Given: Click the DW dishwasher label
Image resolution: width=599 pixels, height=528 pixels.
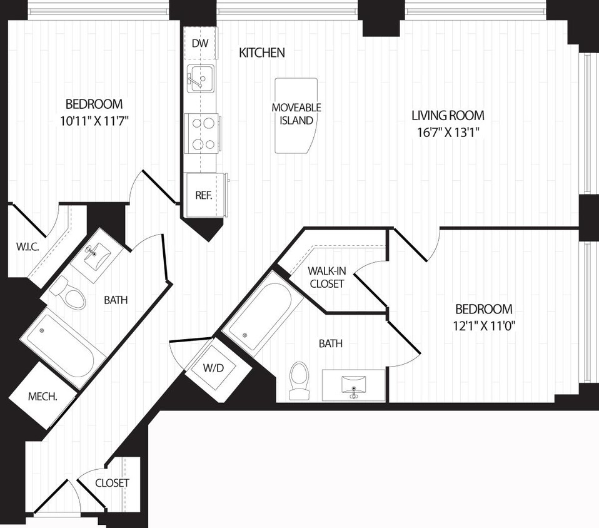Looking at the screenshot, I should click(199, 43).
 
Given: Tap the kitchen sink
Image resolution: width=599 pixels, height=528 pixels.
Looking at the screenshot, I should click(200, 78).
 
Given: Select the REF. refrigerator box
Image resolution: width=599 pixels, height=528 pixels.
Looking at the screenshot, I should click(204, 195).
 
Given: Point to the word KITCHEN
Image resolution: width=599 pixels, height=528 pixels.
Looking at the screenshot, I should click(262, 53).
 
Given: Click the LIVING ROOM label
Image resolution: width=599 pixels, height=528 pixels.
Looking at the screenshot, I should click(448, 116).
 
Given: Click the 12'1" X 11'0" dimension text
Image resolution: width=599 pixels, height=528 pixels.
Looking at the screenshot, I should click(484, 325).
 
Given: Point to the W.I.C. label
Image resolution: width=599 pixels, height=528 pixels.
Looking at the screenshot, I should click(28, 247).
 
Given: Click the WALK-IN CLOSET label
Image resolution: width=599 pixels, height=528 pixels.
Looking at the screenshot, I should click(326, 277).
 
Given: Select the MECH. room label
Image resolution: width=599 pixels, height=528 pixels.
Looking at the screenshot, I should click(43, 397).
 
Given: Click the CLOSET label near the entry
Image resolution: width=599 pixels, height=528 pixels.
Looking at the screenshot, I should click(112, 483).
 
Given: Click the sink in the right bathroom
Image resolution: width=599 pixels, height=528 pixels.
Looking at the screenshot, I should click(354, 384).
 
